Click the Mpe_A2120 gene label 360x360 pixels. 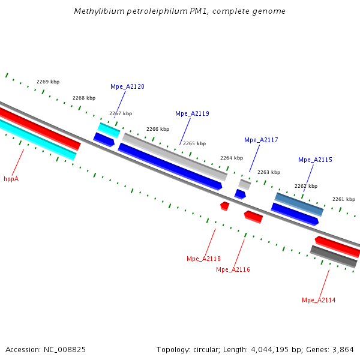click(x=127, y=86)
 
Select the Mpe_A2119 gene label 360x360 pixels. click(x=192, y=113)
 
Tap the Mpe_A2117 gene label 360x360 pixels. click(x=261, y=140)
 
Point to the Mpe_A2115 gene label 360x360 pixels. click(x=315, y=160)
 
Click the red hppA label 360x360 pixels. click(x=11, y=179)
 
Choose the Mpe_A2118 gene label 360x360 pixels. click(x=203, y=259)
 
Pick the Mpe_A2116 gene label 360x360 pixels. click(x=233, y=269)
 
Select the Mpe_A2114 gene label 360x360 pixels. click(x=319, y=300)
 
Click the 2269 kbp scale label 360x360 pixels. click(x=48, y=82)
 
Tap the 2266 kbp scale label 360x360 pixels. click(x=158, y=129)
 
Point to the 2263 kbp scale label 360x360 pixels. click(x=269, y=172)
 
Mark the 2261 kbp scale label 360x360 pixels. click(x=344, y=199)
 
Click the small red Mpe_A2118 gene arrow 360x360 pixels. click(x=224, y=206)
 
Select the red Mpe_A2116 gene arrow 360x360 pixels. click(x=253, y=216)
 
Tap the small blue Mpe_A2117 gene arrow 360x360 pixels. click(x=240, y=194)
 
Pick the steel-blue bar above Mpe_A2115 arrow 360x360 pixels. click(x=299, y=204)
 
